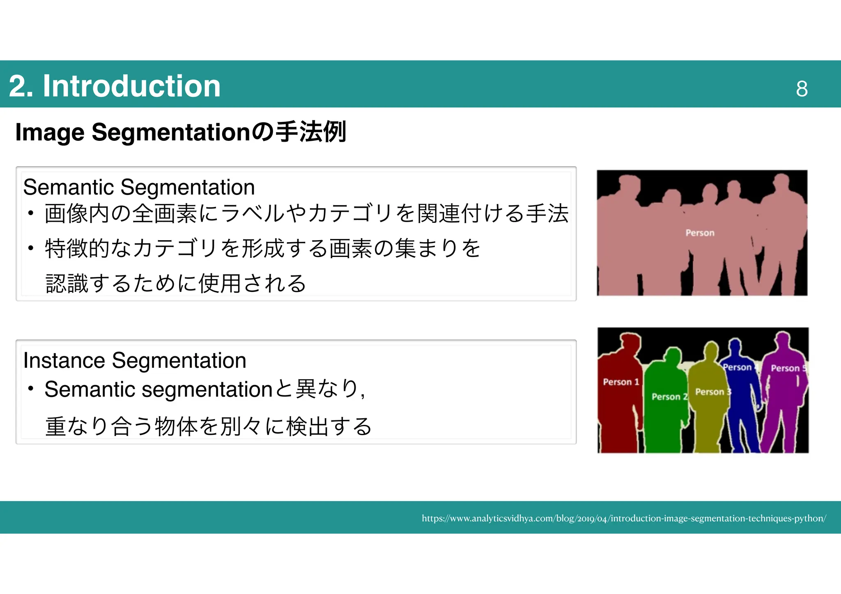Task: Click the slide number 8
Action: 802,89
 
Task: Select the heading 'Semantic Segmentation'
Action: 139,187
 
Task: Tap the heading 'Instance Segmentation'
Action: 135,360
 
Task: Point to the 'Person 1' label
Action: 620,382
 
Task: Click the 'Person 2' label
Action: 669,397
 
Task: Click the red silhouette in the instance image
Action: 618,419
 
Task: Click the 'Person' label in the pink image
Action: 700,233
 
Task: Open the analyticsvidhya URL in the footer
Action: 624,518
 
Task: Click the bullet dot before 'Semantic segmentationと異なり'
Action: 31,388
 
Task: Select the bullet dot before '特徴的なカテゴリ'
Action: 31,248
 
